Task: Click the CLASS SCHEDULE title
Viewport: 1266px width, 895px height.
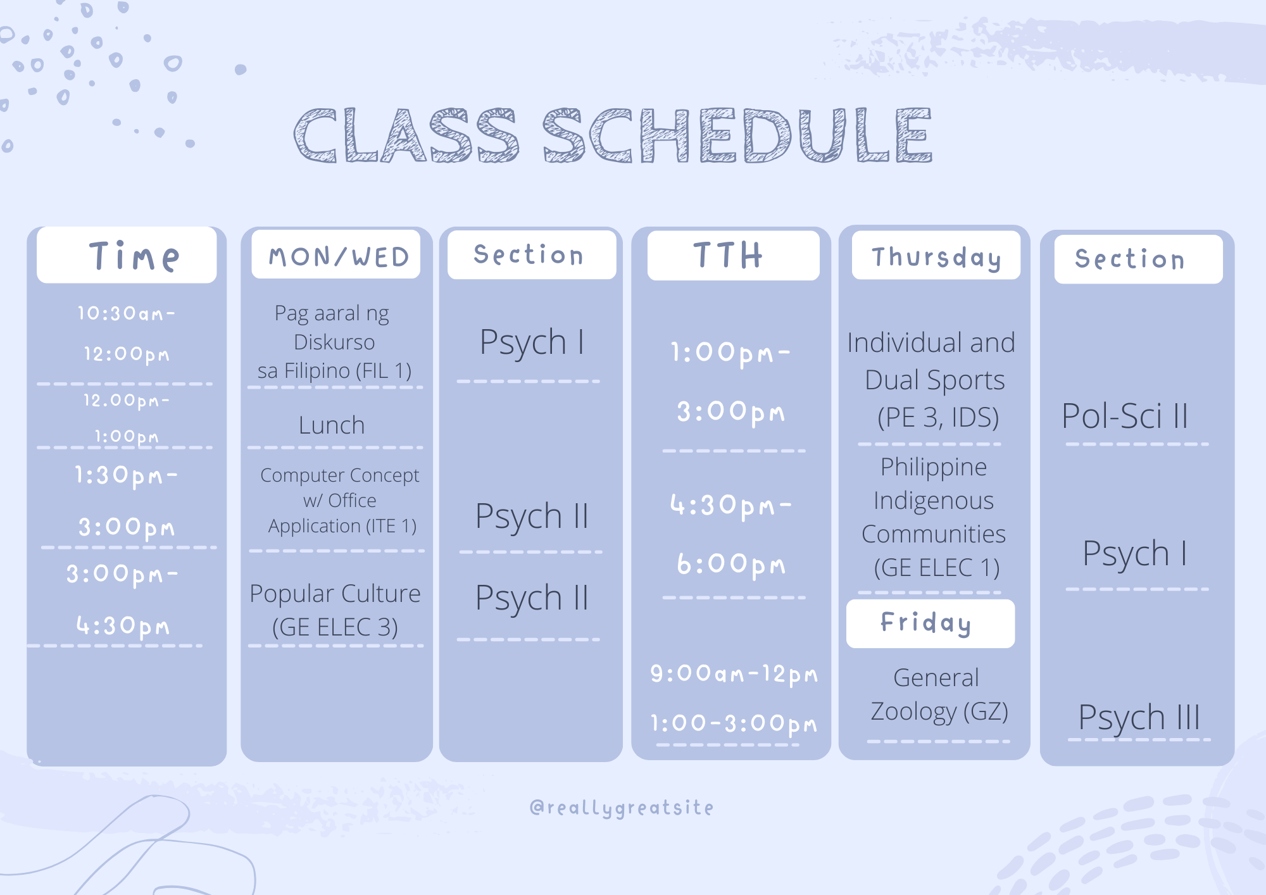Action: pos(613,135)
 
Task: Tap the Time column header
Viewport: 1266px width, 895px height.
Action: pos(134,256)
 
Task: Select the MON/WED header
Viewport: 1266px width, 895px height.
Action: pos(339,256)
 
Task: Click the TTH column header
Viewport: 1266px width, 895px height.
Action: pos(728,254)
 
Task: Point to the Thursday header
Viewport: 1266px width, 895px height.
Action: pos(936,258)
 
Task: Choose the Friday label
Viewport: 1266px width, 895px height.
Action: pos(925,623)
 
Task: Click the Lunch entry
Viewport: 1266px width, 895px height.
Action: pos(332,425)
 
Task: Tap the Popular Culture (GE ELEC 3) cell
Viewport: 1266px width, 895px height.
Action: pos(335,610)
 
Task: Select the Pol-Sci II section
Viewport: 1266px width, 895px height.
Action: pos(1124,416)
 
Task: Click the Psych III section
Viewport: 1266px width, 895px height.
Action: pos(1139,718)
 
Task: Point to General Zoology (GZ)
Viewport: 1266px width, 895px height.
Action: pos(939,694)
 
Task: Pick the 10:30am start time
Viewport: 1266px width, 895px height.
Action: pos(126,313)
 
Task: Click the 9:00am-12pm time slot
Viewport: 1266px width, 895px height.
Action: pos(734,673)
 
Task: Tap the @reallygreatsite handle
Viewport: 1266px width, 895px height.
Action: pos(622,808)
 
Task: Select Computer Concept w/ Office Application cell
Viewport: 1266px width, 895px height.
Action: pos(340,500)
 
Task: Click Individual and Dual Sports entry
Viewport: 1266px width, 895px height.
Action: pos(932,380)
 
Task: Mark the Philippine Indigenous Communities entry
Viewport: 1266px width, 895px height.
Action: pos(934,517)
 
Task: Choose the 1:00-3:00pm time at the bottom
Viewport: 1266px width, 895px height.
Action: pos(734,723)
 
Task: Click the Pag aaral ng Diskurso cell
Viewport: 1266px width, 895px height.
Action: pos(334,342)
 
